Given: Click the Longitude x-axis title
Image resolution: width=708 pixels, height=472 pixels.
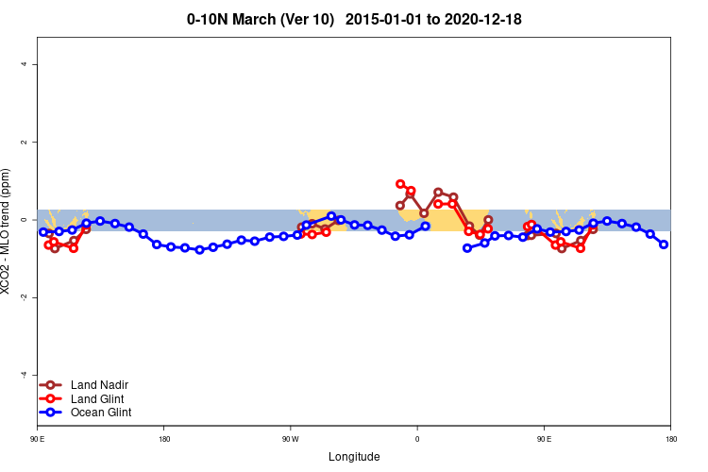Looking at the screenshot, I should tap(354, 457).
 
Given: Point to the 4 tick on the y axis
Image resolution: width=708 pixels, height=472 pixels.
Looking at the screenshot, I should tap(25, 64).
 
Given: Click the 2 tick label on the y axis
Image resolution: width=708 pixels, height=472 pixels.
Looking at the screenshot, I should tap(25, 142).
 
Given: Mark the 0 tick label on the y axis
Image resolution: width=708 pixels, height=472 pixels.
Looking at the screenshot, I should tap(25, 219).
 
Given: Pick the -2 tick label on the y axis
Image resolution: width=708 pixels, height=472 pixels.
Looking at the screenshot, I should tap(25, 297).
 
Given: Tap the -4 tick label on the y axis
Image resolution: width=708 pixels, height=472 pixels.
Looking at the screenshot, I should tap(25, 375).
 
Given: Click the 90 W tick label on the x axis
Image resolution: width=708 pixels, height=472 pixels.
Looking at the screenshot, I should tap(290, 439).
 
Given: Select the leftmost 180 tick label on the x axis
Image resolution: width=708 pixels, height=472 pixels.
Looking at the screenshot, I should tap(164, 439).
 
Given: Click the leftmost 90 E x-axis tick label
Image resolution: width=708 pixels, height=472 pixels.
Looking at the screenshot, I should tap(38, 439).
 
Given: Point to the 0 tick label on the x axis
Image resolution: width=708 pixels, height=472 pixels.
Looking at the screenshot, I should tap(417, 439).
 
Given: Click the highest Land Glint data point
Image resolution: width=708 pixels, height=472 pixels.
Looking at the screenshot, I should tap(400, 184).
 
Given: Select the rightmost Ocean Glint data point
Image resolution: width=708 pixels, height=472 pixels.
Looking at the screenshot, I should tap(664, 244).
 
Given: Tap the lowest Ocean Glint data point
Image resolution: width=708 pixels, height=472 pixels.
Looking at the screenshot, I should tap(199, 250).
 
